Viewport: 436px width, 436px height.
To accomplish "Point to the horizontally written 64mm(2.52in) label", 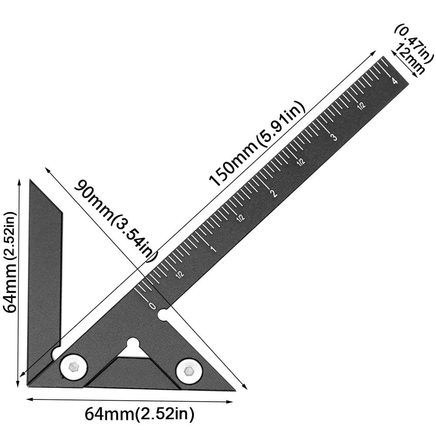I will [x=139, y=413].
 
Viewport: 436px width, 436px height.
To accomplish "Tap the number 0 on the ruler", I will [x=152, y=306].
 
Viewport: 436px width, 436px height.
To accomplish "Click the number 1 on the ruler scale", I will [x=213, y=249].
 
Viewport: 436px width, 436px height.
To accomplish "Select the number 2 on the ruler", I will [x=274, y=193].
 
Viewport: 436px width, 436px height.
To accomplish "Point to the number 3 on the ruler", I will [x=334, y=138].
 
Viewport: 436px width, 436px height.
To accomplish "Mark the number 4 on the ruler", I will [x=394, y=81].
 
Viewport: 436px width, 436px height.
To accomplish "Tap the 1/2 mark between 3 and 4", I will [x=361, y=106].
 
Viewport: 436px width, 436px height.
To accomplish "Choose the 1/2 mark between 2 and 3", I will [x=301, y=162].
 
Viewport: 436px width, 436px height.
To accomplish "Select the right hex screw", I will [x=189, y=372].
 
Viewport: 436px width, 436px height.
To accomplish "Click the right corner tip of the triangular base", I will [x=234, y=390].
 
